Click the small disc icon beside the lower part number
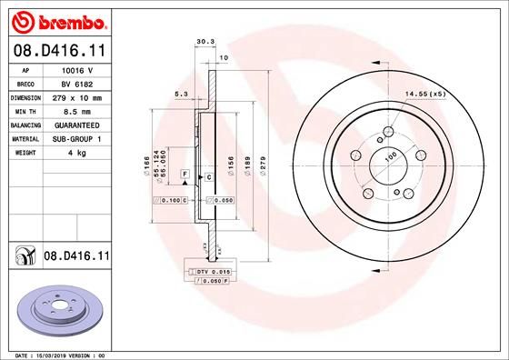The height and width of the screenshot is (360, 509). [24, 258]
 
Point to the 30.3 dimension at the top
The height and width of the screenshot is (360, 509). [204, 40]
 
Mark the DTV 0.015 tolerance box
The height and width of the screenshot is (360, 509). [210, 272]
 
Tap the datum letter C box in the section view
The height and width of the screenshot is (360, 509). [209, 176]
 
